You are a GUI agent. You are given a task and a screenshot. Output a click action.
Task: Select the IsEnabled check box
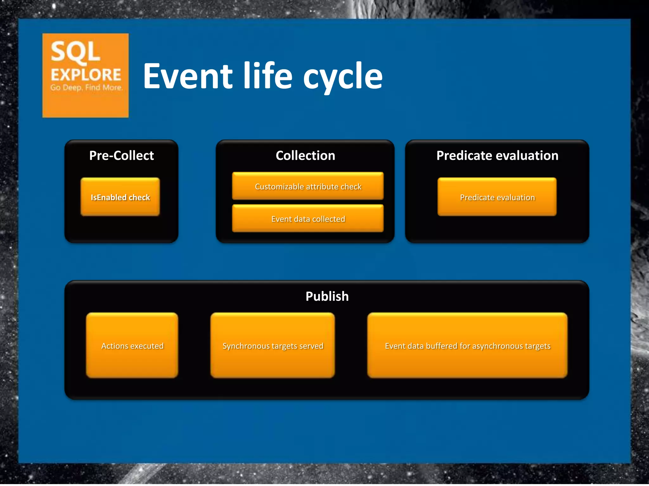click(x=120, y=197)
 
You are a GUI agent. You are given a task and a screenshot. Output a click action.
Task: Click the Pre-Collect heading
click(x=121, y=155)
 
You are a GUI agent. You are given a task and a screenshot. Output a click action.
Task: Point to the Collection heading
click(x=305, y=155)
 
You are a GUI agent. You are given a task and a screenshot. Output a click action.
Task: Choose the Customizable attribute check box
click(x=308, y=186)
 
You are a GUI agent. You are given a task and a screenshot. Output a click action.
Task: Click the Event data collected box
click(x=308, y=219)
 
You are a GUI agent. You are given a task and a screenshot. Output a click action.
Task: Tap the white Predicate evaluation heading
click(x=497, y=155)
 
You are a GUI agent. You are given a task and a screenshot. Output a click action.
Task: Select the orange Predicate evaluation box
click(x=497, y=197)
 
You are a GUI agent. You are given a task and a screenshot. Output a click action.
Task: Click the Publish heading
click(x=327, y=296)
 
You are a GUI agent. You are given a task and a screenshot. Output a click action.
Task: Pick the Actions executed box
click(x=132, y=346)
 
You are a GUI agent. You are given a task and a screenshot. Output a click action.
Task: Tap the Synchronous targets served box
click(x=273, y=346)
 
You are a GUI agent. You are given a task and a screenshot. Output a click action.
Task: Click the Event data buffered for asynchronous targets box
click(x=467, y=346)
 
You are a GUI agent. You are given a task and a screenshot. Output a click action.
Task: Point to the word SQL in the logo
click(x=75, y=52)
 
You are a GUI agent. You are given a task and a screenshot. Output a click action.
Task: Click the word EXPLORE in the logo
click(x=86, y=75)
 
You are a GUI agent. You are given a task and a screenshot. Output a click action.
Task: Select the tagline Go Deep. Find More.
click(x=86, y=87)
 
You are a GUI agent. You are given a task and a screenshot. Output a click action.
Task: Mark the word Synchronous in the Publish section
click(x=245, y=346)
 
